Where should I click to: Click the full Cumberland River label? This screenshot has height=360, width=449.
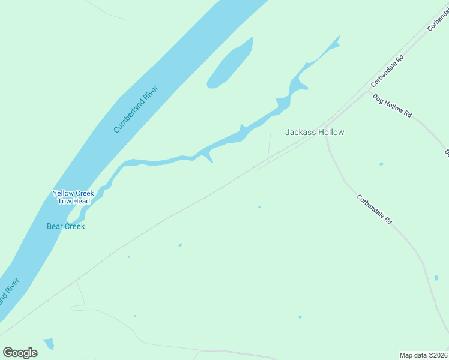pyautogui.click(x=136, y=109)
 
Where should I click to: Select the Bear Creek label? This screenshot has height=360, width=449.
pyautogui.click(x=65, y=226)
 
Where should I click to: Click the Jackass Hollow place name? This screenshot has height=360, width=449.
pyautogui.click(x=315, y=132)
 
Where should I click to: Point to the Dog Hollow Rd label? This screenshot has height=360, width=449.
pyautogui.click(x=392, y=105)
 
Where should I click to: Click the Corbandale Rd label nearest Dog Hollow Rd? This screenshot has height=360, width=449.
pyautogui.click(x=387, y=71)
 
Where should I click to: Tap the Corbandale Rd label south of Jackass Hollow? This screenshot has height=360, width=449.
pyautogui.click(x=374, y=209)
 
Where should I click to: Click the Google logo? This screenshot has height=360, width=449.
pyautogui.click(x=20, y=353)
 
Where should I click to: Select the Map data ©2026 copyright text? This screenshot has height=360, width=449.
pyautogui.click(x=423, y=355)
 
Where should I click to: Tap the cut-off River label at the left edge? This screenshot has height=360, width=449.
pyautogui.click(x=9, y=290)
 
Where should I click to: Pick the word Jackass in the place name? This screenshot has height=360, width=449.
pyautogui.click(x=300, y=132)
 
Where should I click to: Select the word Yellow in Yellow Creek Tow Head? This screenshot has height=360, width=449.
pyautogui.click(x=64, y=193)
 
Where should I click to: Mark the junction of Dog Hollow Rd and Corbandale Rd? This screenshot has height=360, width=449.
pyautogui.click(x=369, y=91)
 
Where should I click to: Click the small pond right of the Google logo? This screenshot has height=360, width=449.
pyautogui.click(x=48, y=344)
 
